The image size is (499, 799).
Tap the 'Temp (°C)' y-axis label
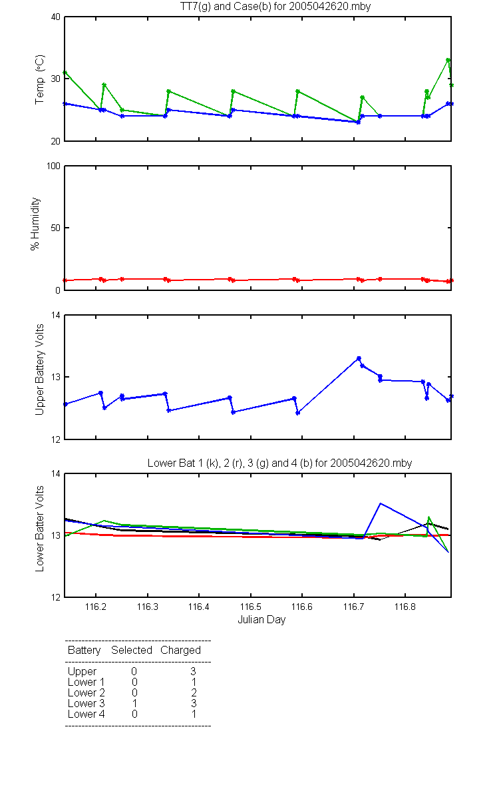[39, 79]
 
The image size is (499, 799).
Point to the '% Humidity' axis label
[35, 224]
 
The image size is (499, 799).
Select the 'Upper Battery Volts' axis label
[39, 370]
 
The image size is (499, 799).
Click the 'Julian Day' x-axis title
[261, 620]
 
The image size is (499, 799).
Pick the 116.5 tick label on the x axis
[251, 607]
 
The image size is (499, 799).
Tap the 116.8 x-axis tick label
[405, 607]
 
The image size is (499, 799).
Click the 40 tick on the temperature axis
[56, 17]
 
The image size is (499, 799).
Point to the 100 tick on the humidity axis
[53, 166]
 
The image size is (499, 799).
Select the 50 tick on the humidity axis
[56, 228]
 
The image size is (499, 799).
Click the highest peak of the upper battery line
[359, 358]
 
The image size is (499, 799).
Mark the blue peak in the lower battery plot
[381, 503]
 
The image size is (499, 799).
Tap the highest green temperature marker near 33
[448, 61]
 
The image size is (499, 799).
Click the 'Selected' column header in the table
[132, 650]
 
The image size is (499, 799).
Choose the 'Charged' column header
[180, 651]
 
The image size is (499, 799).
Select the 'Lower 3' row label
[86, 703]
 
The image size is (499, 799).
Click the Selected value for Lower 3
[134, 703]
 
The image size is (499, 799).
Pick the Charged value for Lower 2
[194, 692]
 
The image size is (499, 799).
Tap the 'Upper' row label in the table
[82, 672]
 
